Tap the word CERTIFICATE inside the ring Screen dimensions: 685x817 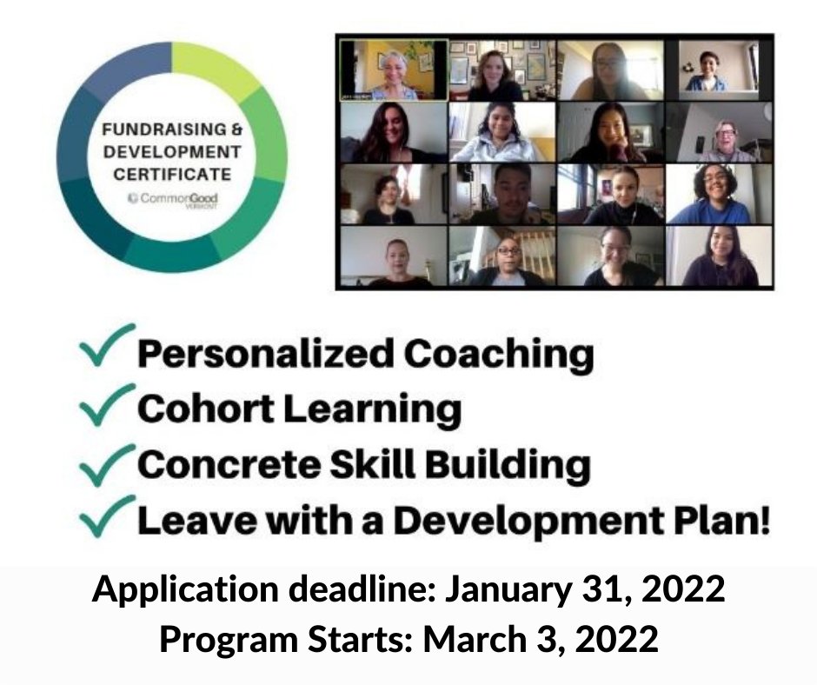click(172, 174)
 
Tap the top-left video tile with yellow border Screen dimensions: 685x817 click(393, 70)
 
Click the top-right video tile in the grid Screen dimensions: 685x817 click(718, 70)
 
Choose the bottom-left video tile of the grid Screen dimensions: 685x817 click(393, 256)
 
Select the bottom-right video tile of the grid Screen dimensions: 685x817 click(718, 256)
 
